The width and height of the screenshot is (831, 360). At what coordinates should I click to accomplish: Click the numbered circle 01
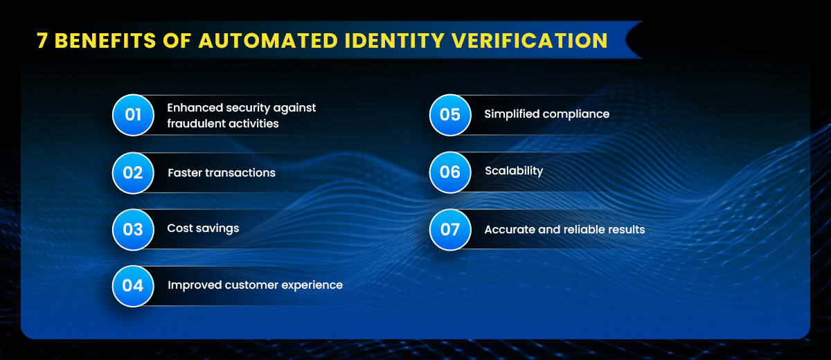point(133,115)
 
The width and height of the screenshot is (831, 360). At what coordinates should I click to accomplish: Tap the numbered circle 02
point(133,172)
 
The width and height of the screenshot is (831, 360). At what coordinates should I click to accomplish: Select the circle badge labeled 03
point(133,229)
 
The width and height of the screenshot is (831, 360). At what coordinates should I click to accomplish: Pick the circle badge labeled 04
point(133,285)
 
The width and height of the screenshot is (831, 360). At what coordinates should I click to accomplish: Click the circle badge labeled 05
point(450,115)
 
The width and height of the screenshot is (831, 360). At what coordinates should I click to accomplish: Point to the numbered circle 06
point(450,172)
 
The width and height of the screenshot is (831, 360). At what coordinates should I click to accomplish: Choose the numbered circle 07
point(450,229)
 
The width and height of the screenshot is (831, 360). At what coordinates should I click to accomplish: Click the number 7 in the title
point(42,41)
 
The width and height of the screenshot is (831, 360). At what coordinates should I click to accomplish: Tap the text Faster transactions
point(222,173)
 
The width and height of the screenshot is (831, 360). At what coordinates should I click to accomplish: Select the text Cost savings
point(203,228)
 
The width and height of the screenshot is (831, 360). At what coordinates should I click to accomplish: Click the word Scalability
point(514,171)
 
